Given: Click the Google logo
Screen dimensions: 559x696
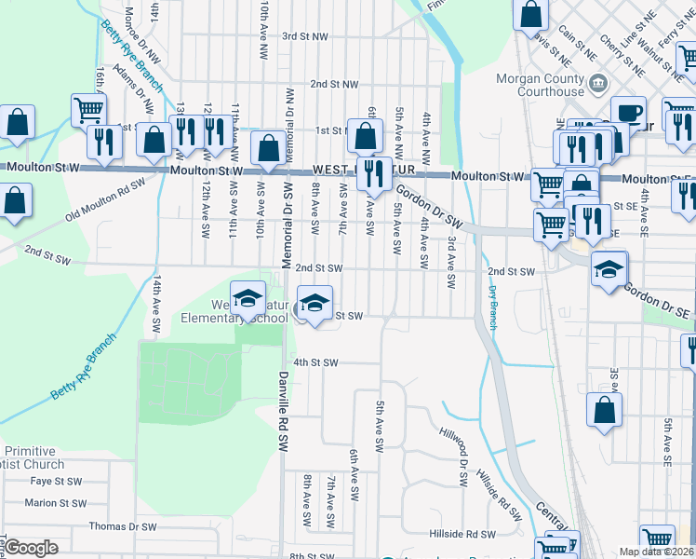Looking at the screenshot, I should [x=31, y=547].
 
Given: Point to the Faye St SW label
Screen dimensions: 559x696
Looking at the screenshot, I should [x=56, y=482].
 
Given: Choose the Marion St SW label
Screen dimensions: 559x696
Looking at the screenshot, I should [x=56, y=503].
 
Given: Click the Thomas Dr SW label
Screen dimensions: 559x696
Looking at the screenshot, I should [x=123, y=526].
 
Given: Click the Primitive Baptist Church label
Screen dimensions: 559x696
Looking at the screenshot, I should [x=33, y=457].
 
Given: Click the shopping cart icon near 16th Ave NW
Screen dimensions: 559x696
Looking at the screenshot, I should [x=88, y=111].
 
